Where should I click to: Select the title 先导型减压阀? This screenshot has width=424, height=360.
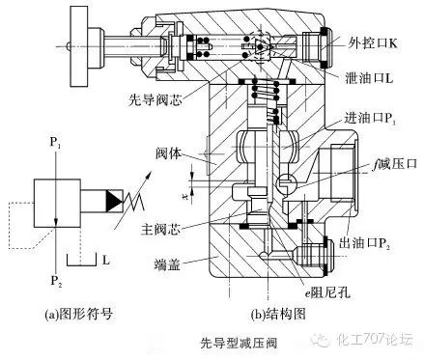pos(212,341)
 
